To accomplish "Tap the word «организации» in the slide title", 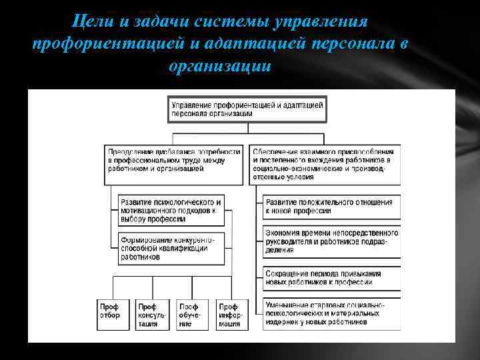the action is (x=221, y=67).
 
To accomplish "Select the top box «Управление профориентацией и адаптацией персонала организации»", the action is (x=247, y=109).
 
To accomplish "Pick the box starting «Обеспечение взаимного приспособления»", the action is (x=325, y=163).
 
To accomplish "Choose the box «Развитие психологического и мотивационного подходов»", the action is (x=170, y=209).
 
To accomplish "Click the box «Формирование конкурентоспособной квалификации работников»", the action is (x=170, y=247).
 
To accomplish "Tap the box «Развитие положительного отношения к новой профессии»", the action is (x=332, y=207).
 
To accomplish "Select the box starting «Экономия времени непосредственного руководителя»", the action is (x=332, y=241).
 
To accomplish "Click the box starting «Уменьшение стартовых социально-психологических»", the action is (x=332, y=313).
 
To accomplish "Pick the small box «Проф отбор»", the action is (x=112, y=314).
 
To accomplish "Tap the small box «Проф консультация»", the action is (x=152, y=314).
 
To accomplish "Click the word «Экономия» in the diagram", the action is (x=283, y=233).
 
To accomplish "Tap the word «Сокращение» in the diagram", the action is (x=287, y=274).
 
